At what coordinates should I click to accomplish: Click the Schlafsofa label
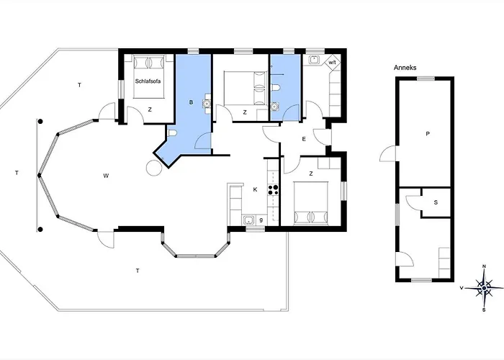pyautogui.click(x=148, y=81)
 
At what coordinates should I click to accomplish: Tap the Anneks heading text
pyautogui.click(x=405, y=68)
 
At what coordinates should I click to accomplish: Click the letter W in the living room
pyautogui.click(x=106, y=176)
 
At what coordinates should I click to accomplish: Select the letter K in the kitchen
pyautogui.click(x=255, y=189)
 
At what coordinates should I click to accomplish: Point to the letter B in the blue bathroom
pyautogui.click(x=192, y=102)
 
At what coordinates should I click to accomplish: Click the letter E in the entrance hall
pyautogui.click(x=304, y=139)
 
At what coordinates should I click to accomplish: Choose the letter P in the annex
pyautogui.click(x=428, y=134)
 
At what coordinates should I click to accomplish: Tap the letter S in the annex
pyautogui.click(x=436, y=202)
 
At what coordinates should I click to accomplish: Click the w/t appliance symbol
pyautogui.click(x=333, y=62)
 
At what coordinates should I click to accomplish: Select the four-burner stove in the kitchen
pyautogui.click(x=273, y=189)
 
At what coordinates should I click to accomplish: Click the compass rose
pyautogui.click(x=484, y=288)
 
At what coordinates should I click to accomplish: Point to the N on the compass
pyautogui.click(x=485, y=266)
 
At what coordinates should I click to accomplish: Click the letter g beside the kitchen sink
pyautogui.click(x=261, y=220)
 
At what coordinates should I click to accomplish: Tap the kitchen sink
pyautogui.click(x=248, y=220)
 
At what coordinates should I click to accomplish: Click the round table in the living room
pyautogui.click(x=154, y=168)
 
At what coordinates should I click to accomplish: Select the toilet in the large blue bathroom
pyautogui.click(x=172, y=133)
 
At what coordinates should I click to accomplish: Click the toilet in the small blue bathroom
pyautogui.click(x=276, y=87)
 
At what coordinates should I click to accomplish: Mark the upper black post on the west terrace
pyautogui.click(x=40, y=122)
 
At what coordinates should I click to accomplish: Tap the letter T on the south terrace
pyautogui.click(x=138, y=271)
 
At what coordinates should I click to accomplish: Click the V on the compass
pyautogui.click(x=462, y=288)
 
